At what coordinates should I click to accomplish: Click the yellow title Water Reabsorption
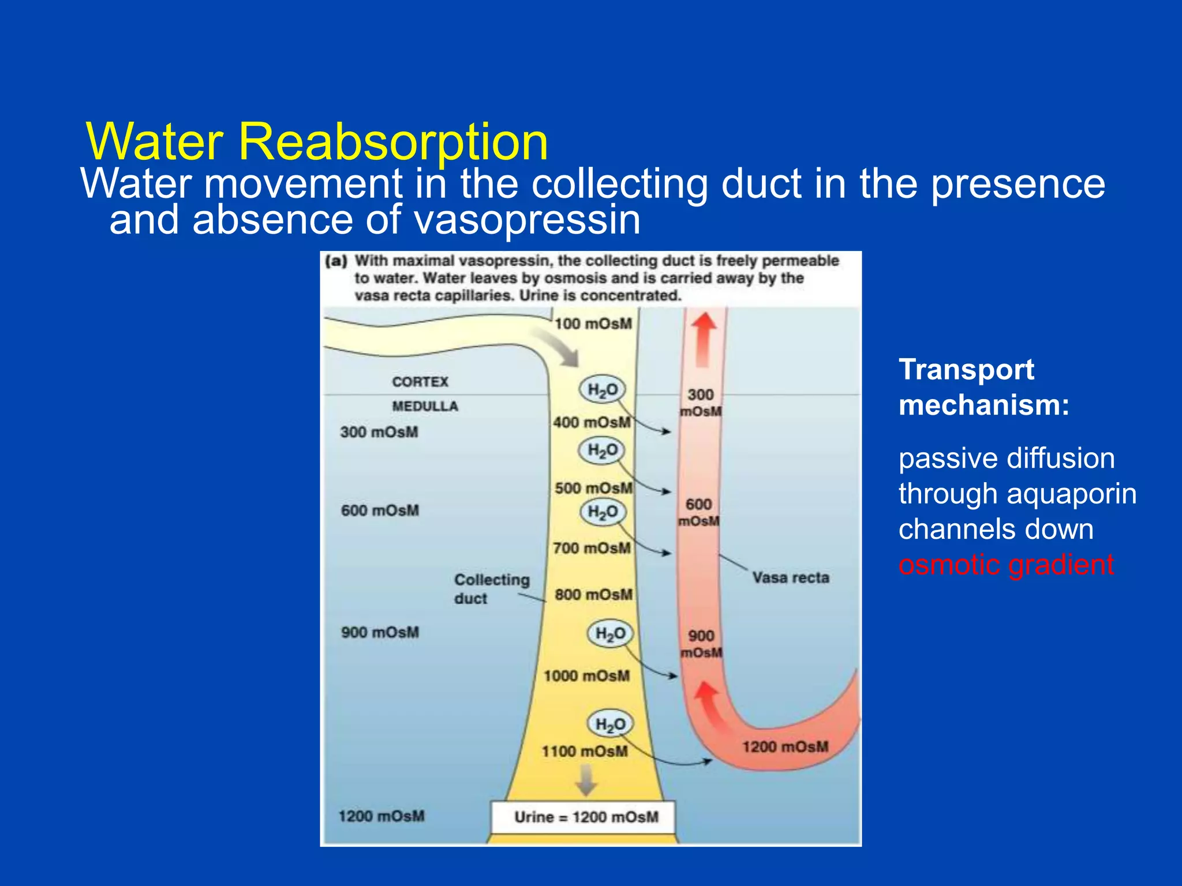click(x=317, y=141)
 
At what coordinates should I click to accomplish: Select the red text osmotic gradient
click(x=1006, y=564)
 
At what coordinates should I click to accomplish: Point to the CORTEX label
click(x=420, y=382)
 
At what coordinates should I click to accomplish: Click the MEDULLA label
click(x=425, y=406)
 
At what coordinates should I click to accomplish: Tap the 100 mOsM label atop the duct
click(x=593, y=324)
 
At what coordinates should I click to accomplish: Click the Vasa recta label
click(x=790, y=577)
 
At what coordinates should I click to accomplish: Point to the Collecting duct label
click(x=491, y=588)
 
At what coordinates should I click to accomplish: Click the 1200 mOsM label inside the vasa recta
click(x=785, y=747)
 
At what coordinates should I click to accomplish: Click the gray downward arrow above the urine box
click(x=586, y=779)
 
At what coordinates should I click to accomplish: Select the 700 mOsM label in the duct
click(x=592, y=548)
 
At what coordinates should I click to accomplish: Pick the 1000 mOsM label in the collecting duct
click(x=586, y=675)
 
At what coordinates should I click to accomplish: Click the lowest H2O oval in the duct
click(x=610, y=724)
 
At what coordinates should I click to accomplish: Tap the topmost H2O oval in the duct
click(x=603, y=390)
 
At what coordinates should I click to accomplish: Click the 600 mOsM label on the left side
click(x=380, y=510)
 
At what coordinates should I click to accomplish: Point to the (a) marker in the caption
click(x=336, y=261)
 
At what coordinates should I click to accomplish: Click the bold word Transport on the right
click(x=966, y=369)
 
